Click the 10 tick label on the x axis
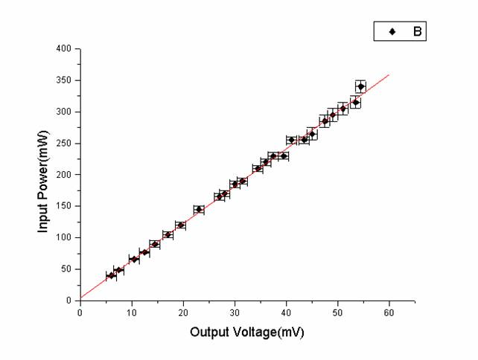click(x=132, y=313)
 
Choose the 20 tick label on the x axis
click(x=183, y=313)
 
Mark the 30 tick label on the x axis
click(x=235, y=313)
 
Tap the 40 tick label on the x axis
click(x=286, y=313)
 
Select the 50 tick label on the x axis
click(x=337, y=313)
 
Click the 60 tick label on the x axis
click(x=389, y=313)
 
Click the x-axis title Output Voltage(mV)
click(x=246, y=332)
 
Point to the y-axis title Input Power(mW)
click(x=43, y=175)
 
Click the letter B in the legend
click(x=417, y=31)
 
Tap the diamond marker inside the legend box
click(x=392, y=31)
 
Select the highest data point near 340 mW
click(x=361, y=86)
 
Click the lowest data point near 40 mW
click(x=111, y=275)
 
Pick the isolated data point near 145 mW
click(x=199, y=209)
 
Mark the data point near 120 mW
click(x=180, y=225)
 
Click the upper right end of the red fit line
click(x=389, y=74)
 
